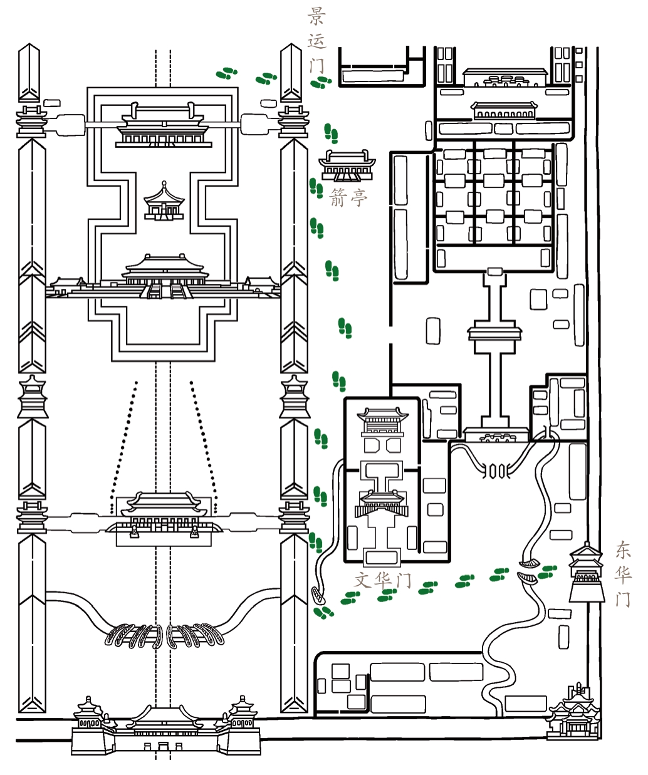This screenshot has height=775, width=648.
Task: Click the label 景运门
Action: pos(316,40)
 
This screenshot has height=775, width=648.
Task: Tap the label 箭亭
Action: pos(348,197)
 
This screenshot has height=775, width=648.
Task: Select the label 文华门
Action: pos(382,580)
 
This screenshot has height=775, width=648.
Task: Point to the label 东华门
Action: pos(623,574)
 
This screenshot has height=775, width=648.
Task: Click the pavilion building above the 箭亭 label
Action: pos(347,165)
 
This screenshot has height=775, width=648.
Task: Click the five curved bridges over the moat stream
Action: pos(164,636)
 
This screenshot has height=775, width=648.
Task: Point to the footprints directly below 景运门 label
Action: pos(321,83)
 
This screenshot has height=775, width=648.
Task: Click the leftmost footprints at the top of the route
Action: pos(226,73)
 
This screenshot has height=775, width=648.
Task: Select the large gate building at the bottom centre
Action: pos(165,727)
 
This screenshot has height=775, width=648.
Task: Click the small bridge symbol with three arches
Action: pos(496,471)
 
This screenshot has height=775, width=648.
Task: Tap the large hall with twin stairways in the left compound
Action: pos(165,276)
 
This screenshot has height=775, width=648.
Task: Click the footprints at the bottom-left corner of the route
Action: pos(323,612)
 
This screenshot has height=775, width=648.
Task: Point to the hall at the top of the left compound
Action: pos(164,125)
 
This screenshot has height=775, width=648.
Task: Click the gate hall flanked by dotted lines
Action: pos(164,514)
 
